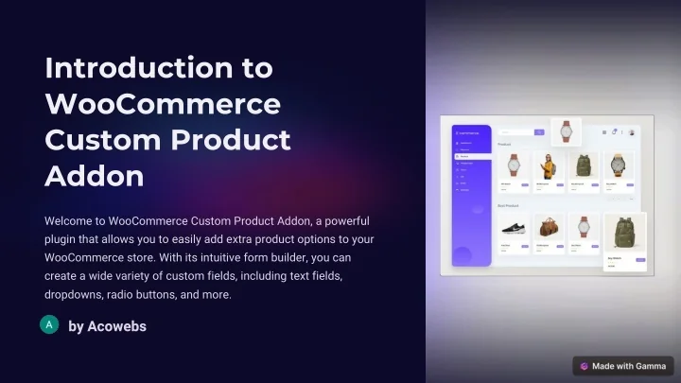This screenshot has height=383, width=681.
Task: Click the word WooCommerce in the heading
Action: (x=163, y=103)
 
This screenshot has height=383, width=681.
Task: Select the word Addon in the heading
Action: (x=95, y=175)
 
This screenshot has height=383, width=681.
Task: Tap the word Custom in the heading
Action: (x=98, y=139)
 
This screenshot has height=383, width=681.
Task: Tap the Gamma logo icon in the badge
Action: (x=585, y=366)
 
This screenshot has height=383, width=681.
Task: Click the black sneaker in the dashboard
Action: (x=513, y=228)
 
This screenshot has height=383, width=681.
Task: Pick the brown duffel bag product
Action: (x=547, y=228)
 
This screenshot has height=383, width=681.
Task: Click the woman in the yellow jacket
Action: (x=547, y=165)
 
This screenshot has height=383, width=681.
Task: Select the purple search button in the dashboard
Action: (x=539, y=132)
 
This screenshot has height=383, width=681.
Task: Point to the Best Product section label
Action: (x=509, y=205)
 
